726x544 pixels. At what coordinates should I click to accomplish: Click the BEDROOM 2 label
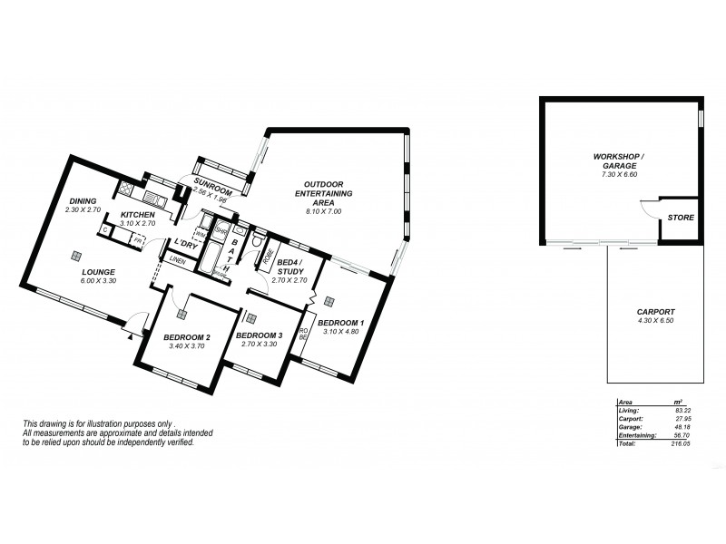187,337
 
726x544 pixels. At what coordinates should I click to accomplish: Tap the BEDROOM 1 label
342,323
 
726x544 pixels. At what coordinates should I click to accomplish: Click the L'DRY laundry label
186,242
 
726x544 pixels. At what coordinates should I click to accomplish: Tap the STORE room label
680,219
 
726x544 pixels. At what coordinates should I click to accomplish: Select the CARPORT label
654,311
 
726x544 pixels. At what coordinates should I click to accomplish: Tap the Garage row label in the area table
628,428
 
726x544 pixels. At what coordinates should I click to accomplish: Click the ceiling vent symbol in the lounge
77,255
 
